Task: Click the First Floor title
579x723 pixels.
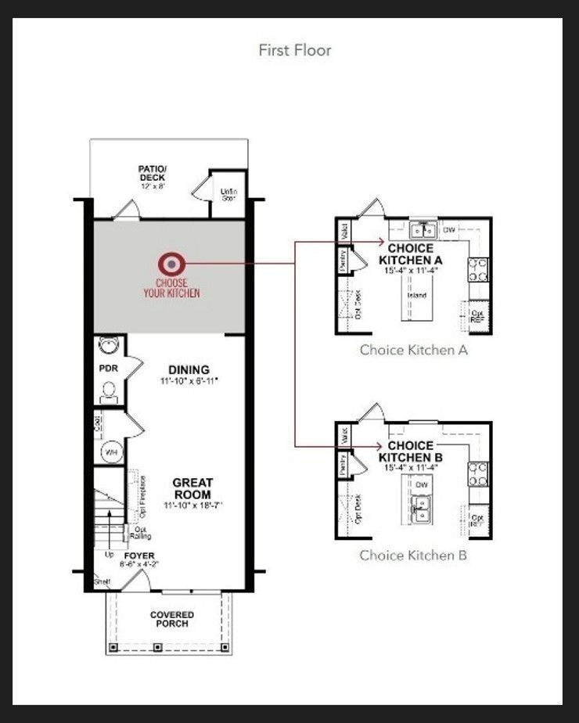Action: [x=295, y=50]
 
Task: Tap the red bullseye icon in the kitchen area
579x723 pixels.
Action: [x=171, y=264]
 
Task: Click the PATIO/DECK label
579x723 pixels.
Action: [x=152, y=173]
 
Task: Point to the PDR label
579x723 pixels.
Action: [x=108, y=368]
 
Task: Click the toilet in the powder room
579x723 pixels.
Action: [x=109, y=390]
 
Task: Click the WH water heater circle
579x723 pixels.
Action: [x=110, y=451]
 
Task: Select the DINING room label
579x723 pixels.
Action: [x=189, y=370]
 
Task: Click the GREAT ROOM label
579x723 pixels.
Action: [x=192, y=489]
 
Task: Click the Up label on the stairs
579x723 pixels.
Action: [x=109, y=555]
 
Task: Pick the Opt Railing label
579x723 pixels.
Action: [x=141, y=532]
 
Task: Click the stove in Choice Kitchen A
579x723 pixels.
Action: [x=478, y=270]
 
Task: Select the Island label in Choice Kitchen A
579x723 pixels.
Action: [x=415, y=296]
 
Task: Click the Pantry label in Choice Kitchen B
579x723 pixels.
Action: [x=343, y=465]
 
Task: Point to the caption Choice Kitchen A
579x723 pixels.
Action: [x=413, y=350]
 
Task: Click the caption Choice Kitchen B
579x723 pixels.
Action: [x=413, y=555]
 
